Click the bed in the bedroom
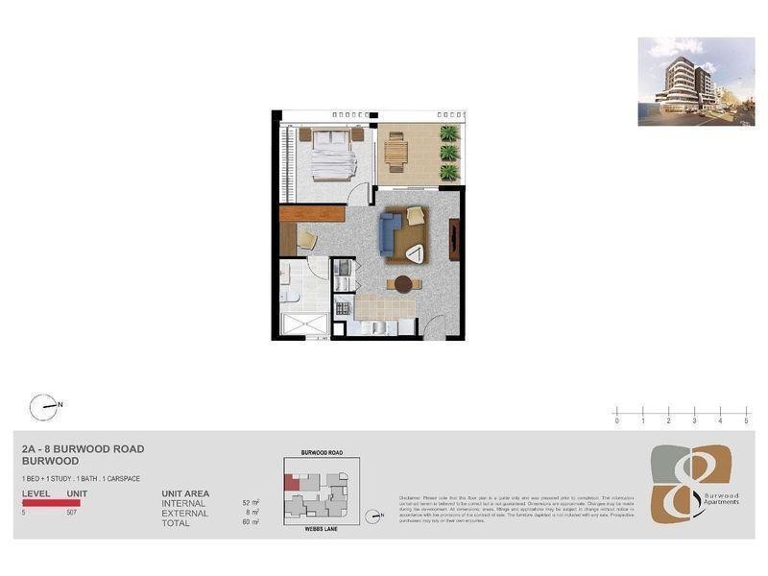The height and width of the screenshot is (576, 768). pos(332,154)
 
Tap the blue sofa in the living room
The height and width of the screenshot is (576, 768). pos(389,231)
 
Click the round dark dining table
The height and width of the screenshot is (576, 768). pos(403,284)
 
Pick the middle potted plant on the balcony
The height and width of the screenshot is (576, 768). pos(448,153)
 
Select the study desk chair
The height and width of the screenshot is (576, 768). pos(305,238)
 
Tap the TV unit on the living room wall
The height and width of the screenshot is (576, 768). pos(455,239)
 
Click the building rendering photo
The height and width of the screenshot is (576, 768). pos(696,82)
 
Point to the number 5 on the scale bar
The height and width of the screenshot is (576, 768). pos(746,420)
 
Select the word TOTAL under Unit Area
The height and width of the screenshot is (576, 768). pos(177,522)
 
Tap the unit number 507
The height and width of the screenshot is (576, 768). pos(72,513)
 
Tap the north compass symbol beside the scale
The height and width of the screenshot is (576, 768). pos(43,407)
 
